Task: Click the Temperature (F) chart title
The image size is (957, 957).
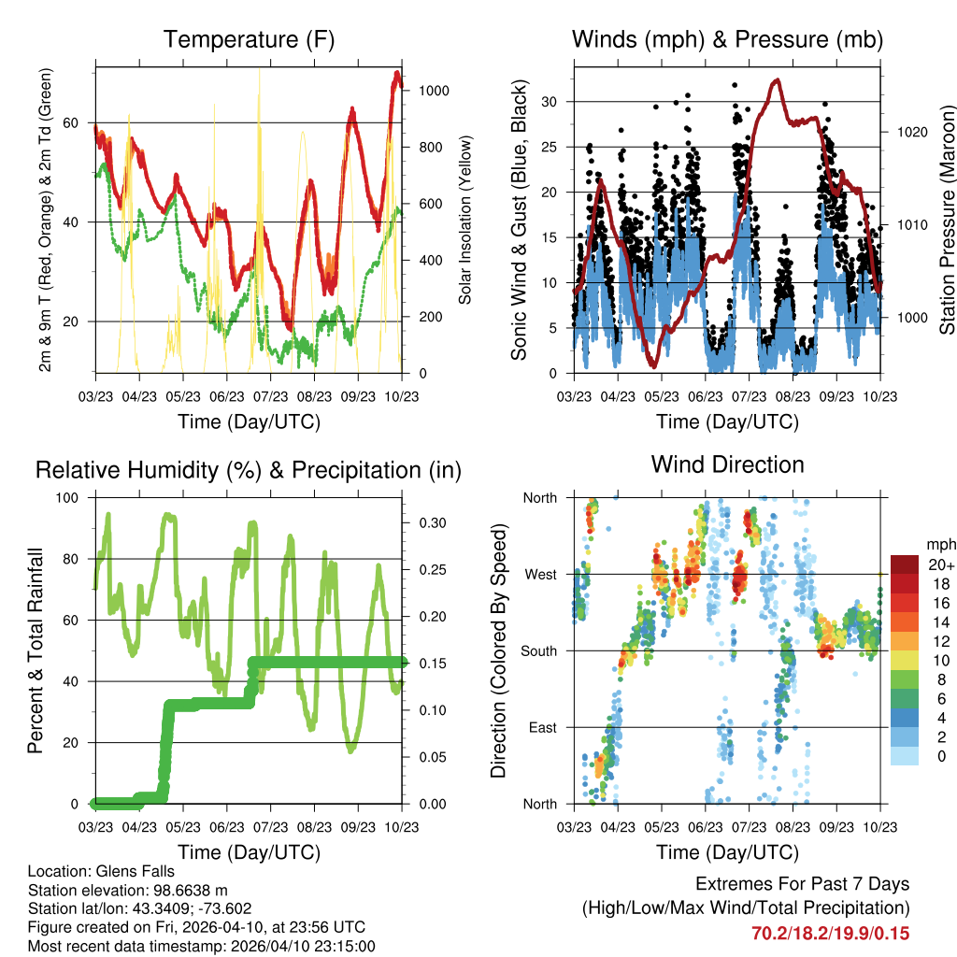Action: coord(249,39)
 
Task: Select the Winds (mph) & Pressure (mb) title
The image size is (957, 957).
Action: coord(727,39)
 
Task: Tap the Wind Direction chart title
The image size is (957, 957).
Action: coord(727,464)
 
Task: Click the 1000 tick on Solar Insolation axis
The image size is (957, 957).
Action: coord(436,91)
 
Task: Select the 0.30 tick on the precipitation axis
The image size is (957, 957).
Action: coord(427,522)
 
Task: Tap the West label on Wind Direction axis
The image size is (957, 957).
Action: coord(539,574)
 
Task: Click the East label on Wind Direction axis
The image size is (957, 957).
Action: coord(541,727)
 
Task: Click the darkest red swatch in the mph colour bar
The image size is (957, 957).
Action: coord(904,564)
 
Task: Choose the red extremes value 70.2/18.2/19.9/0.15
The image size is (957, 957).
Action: coord(830,933)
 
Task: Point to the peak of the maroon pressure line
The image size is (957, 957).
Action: coord(777,80)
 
